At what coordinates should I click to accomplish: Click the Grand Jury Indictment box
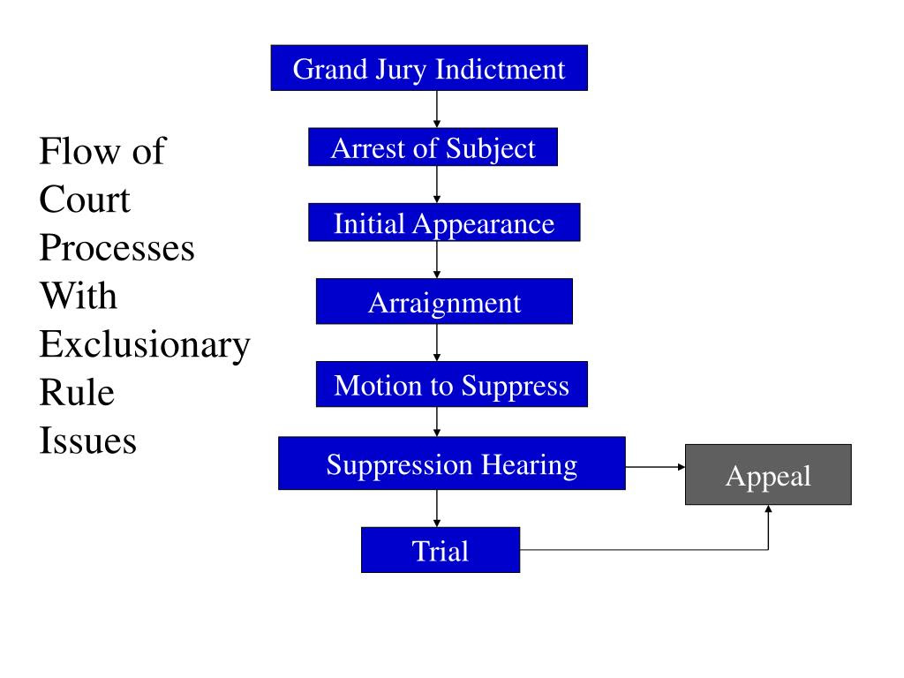pyautogui.click(x=429, y=68)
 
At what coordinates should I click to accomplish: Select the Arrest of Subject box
pyautogui.click(x=433, y=147)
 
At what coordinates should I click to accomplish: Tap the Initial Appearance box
pyautogui.click(x=444, y=222)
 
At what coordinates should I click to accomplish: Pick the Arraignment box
pyautogui.click(x=444, y=301)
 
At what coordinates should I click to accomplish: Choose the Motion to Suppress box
pyautogui.click(x=451, y=384)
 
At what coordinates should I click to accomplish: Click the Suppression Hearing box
pyautogui.click(x=451, y=463)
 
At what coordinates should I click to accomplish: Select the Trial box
pyautogui.click(x=441, y=549)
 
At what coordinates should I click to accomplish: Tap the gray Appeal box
pyautogui.click(x=768, y=474)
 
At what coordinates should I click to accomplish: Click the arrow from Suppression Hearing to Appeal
pyautogui.click(x=656, y=467)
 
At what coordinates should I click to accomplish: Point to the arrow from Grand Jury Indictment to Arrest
pyautogui.click(x=437, y=109)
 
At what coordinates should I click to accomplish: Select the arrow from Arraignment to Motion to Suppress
pyautogui.click(x=437, y=343)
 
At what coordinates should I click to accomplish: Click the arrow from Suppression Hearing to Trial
pyautogui.click(x=437, y=508)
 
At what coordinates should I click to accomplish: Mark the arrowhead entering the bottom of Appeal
pyautogui.click(x=768, y=508)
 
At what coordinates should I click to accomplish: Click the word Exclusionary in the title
pyautogui.click(x=145, y=345)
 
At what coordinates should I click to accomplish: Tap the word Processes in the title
pyautogui.click(x=117, y=248)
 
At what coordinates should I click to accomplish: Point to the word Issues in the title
pyautogui.click(x=87, y=441)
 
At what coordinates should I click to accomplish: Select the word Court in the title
pyautogui.click(x=85, y=200)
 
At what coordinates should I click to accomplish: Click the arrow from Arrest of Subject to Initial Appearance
pyautogui.click(x=437, y=185)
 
